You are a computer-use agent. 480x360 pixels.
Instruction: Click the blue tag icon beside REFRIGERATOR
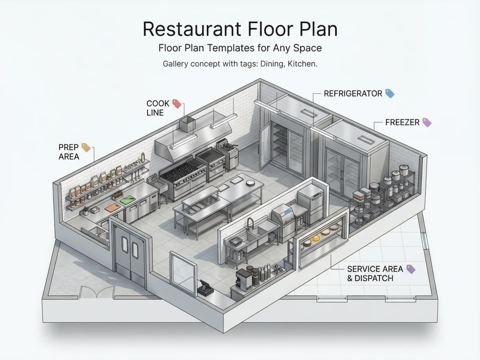390,94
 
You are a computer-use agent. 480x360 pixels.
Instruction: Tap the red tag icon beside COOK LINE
177,104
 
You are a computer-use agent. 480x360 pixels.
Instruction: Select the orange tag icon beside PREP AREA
86,148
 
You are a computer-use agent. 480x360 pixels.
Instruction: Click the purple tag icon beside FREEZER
427,122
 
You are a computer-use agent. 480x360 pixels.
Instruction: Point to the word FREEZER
402,122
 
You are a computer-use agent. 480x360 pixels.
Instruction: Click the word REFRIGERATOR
353,94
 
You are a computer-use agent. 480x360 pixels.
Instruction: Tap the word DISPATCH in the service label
374,278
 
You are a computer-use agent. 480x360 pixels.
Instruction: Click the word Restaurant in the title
192,29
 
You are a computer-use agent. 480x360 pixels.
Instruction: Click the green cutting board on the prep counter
128,200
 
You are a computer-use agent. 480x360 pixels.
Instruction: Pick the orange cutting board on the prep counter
112,208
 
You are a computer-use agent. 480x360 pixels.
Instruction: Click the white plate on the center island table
251,183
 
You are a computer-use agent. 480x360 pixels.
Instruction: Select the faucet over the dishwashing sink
250,224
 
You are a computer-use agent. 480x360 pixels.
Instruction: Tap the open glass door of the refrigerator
265,146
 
